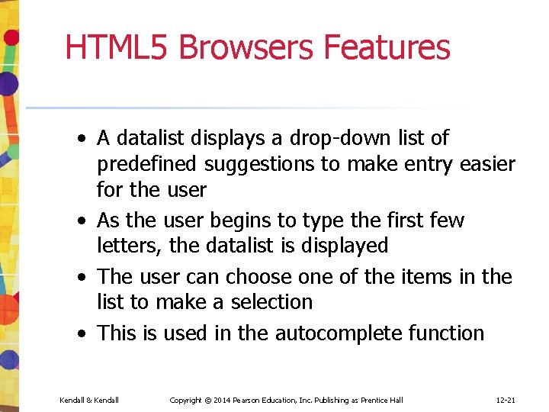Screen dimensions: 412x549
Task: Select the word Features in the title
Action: tap(387, 47)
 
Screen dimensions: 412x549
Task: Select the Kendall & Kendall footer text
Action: tap(89, 401)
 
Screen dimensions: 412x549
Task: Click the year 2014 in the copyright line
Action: tap(223, 401)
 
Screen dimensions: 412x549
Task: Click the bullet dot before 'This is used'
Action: tap(80, 334)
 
